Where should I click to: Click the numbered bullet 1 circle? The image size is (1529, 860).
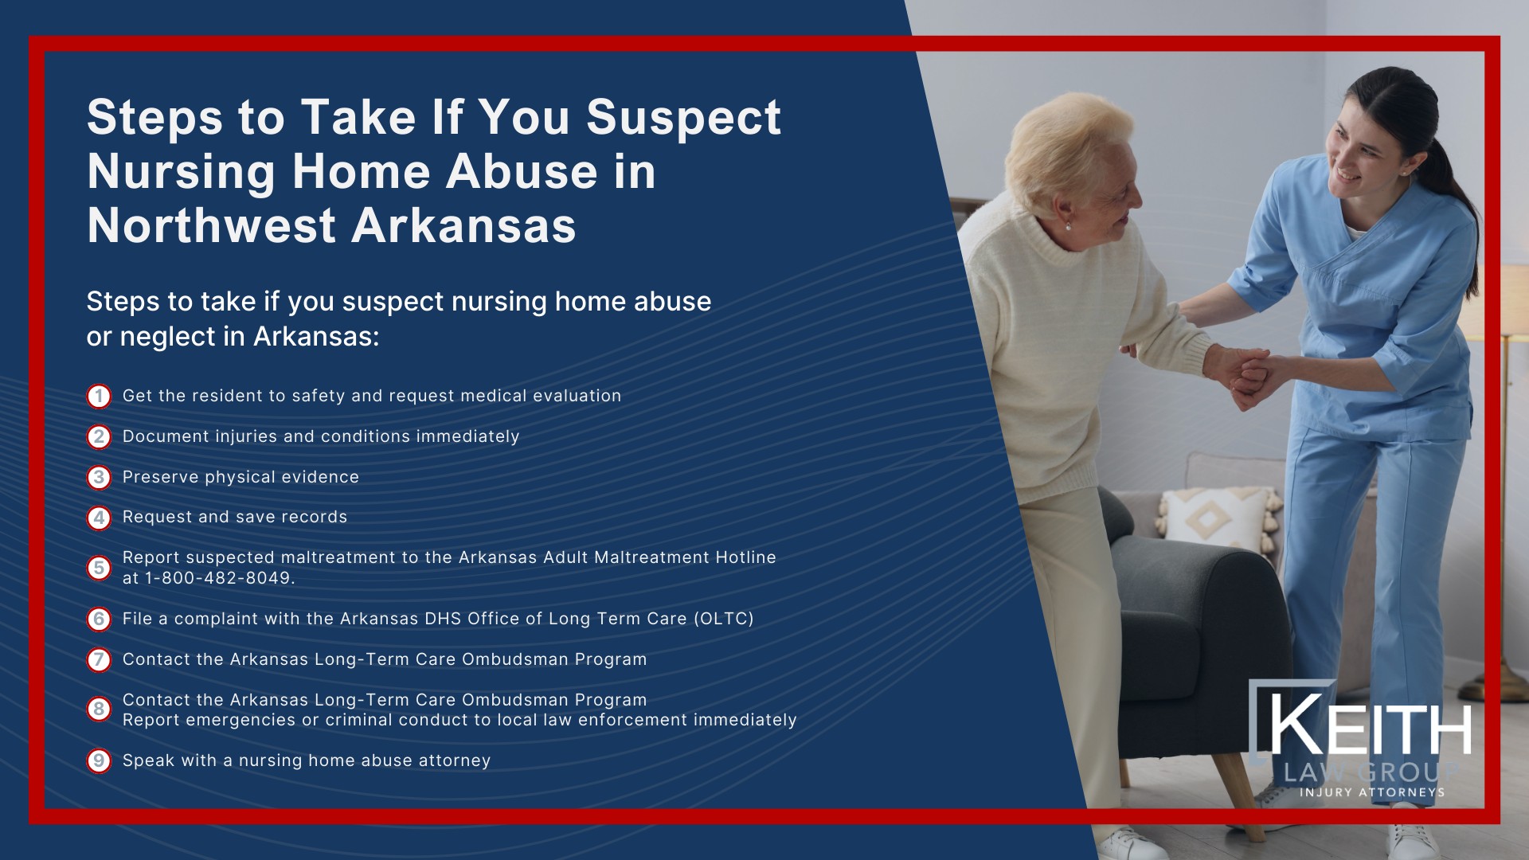click(99, 397)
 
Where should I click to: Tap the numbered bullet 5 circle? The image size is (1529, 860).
click(99, 568)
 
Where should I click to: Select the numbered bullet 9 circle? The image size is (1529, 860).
click(99, 760)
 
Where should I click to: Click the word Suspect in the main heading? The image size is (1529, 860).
click(683, 118)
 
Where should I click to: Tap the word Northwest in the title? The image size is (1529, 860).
click(211, 226)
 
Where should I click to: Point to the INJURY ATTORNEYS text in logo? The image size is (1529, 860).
click(1371, 792)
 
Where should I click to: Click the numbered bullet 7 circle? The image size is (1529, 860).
click(99, 659)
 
